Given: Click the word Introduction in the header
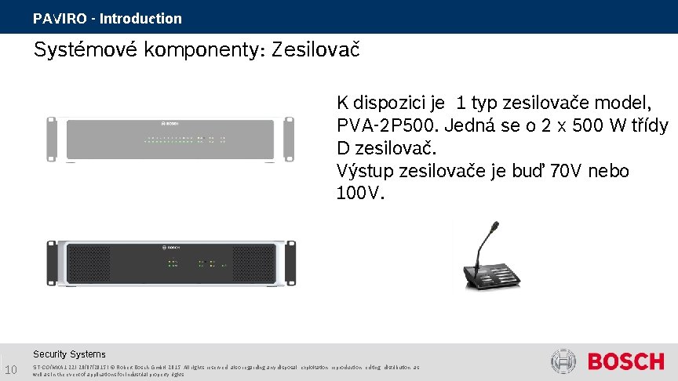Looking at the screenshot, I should (140, 18).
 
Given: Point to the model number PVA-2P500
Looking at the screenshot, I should (379, 125).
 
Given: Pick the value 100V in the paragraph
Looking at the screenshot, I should (359, 193).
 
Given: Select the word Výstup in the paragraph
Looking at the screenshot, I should (365, 170).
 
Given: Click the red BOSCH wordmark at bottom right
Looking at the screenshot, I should (625, 361).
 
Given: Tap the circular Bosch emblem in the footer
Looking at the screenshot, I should (564, 361).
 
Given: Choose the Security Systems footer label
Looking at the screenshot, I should (69, 354).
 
